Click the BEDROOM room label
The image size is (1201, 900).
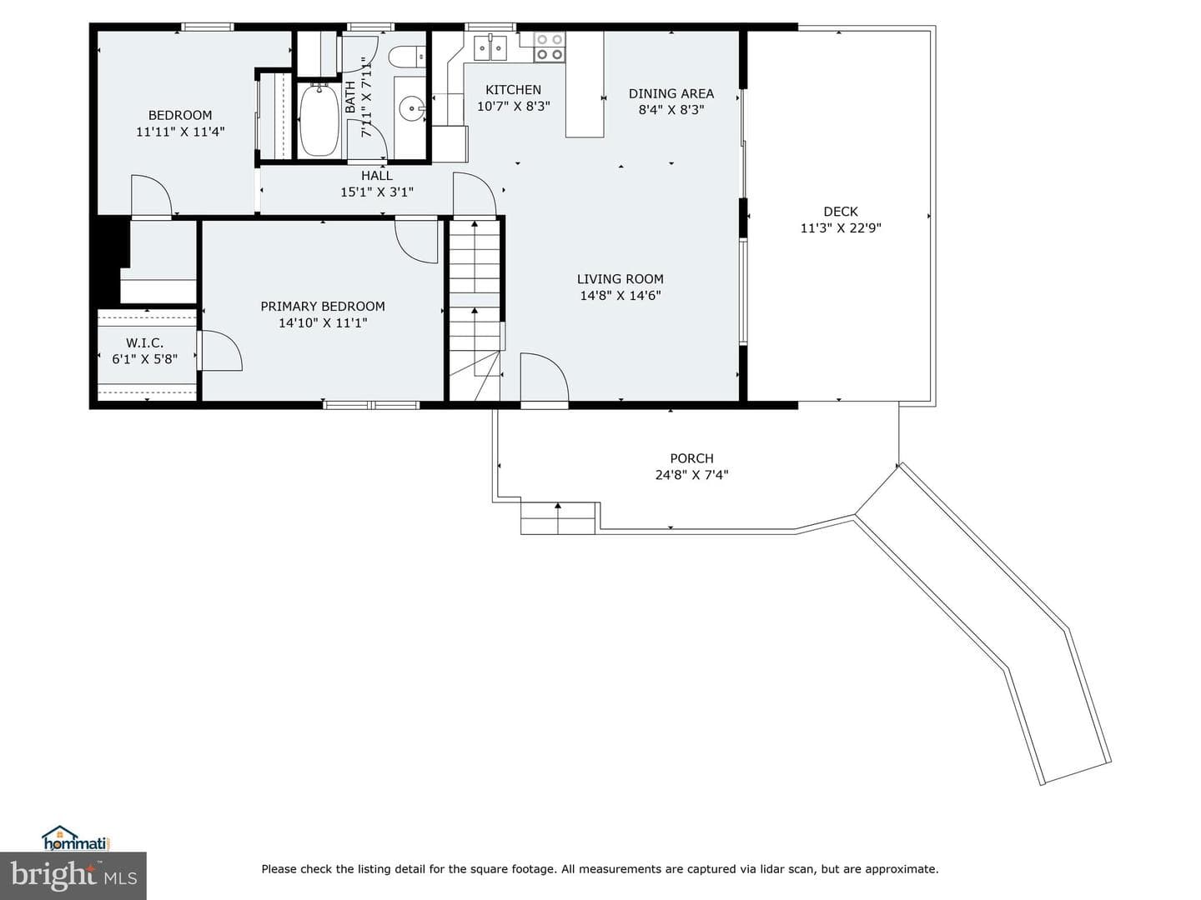pyautogui.click(x=180, y=115)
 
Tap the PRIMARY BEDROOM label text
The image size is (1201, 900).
pyautogui.click(x=322, y=307)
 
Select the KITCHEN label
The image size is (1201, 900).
pyautogui.click(x=513, y=90)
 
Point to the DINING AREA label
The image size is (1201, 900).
pyautogui.click(x=671, y=93)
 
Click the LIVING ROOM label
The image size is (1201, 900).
pyautogui.click(x=620, y=278)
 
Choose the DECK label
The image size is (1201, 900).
pyautogui.click(x=841, y=212)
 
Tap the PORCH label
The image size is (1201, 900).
pyautogui.click(x=691, y=458)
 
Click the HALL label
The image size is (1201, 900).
pyautogui.click(x=376, y=175)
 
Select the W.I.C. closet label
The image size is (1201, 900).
pyautogui.click(x=144, y=342)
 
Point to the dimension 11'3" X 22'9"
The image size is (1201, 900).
pyautogui.click(x=841, y=227)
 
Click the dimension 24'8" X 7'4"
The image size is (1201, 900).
pyautogui.click(x=691, y=474)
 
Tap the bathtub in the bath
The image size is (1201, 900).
pyautogui.click(x=319, y=120)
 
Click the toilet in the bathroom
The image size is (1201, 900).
pyautogui.click(x=406, y=57)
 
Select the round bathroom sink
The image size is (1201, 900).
pyautogui.click(x=410, y=109)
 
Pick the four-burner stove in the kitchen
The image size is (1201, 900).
pyautogui.click(x=550, y=47)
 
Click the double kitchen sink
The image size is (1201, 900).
pyautogui.click(x=490, y=47)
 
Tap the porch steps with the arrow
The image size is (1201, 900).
pyautogui.click(x=558, y=518)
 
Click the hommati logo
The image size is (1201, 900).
pyautogui.click(x=77, y=837)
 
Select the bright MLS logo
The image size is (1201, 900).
pyautogui.click(x=73, y=877)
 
